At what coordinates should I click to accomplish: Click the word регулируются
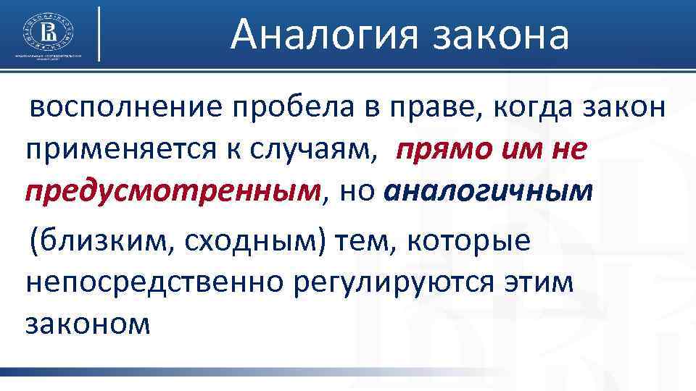pyautogui.click(x=398, y=283)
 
